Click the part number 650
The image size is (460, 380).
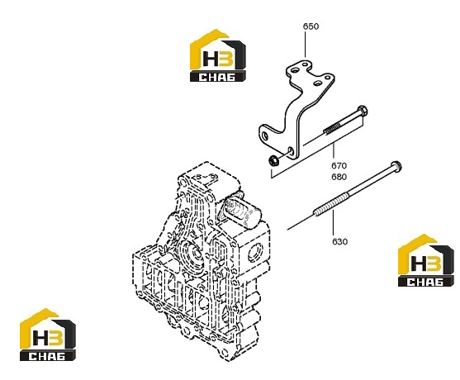(311, 26)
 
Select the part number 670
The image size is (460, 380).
(339, 166)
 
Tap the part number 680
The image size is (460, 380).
(339, 177)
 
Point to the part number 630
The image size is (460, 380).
(339, 241)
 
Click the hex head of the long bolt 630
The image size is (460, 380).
(396, 166)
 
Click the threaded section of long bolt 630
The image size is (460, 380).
(331, 203)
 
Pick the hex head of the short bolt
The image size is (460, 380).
(363, 112)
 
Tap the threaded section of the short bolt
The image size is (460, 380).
(332, 128)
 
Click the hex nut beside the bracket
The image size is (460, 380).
(273, 161)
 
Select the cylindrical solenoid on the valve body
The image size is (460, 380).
(241, 211)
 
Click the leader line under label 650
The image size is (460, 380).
(305, 45)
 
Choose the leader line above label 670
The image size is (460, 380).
(334, 152)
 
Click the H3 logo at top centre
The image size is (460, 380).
(218, 55)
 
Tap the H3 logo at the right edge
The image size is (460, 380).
(425, 260)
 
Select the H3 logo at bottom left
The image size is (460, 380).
(48, 335)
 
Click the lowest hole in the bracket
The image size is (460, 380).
(291, 151)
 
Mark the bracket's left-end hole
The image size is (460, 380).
(265, 135)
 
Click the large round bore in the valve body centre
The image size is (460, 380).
(194, 254)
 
